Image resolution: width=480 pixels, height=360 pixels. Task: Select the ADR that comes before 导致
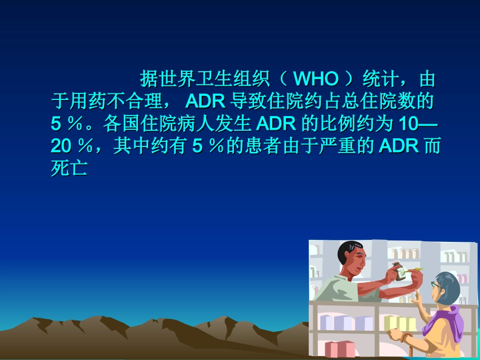[205, 101]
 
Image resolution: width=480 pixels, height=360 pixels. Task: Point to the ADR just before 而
[399, 146]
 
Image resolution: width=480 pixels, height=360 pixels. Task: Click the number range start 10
[408, 124]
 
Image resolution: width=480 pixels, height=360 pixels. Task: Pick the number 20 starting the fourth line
[61, 146]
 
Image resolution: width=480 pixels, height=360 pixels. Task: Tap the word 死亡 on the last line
[70, 168]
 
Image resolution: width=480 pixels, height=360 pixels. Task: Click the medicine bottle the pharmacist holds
[399, 271]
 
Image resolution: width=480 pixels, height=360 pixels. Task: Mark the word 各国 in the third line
[121, 124]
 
